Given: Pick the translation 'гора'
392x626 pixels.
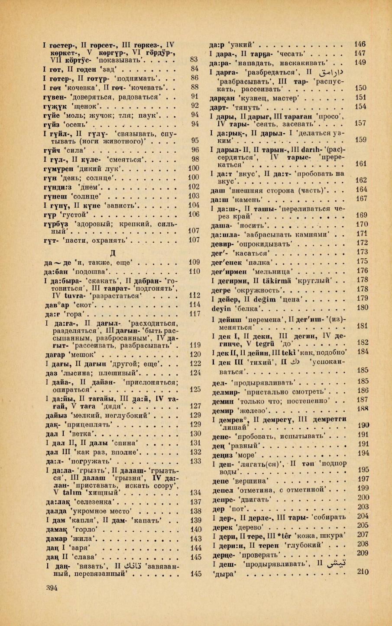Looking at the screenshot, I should (x=77, y=314).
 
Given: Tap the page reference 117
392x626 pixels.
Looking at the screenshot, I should (x=195, y=314).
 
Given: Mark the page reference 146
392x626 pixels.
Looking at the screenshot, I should (x=360, y=44).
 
